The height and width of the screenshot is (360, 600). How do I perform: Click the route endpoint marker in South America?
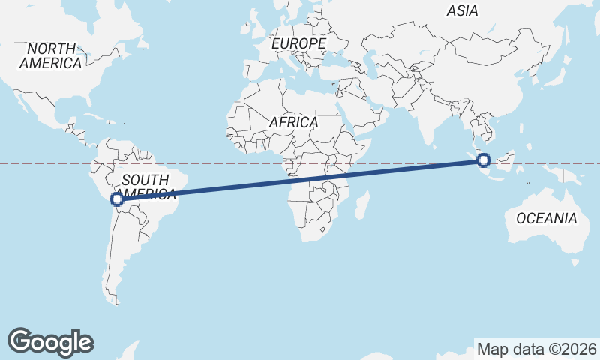point(116,199)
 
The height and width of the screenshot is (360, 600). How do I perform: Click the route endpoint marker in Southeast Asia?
point(484,160)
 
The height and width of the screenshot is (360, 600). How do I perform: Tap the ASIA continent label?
point(462,10)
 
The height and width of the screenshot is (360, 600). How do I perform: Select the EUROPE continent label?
point(298,44)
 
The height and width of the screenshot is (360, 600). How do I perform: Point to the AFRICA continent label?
point(294,122)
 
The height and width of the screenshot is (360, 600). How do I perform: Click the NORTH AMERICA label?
point(51,56)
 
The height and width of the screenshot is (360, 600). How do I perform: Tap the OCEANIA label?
point(546,218)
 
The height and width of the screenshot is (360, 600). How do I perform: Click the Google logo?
point(51,341)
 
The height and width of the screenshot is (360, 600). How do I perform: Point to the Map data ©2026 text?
point(536,349)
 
